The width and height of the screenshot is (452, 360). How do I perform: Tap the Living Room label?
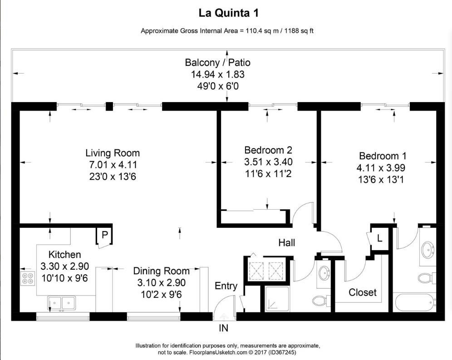click(113, 153)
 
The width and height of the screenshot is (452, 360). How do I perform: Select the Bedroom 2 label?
click(268, 150)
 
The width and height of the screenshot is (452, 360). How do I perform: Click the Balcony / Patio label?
click(217, 63)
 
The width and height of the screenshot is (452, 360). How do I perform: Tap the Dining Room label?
click(161, 271)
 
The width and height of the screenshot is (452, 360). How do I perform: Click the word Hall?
click(286, 243)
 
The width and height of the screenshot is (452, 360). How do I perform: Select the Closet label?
click(362, 292)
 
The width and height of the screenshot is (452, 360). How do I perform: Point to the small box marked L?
click(379, 237)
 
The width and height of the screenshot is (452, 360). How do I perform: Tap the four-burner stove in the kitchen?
click(27, 278)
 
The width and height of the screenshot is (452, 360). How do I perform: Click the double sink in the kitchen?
click(62, 302)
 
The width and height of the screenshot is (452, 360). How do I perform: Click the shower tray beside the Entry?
click(276, 299)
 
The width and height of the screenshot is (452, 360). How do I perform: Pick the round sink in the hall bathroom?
click(324, 273)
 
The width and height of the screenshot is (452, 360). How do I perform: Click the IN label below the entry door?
click(223, 328)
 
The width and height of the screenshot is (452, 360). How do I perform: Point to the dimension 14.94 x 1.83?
click(217, 74)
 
